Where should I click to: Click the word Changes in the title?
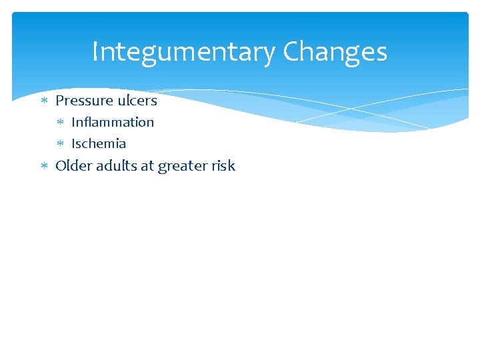(335, 52)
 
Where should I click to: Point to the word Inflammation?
(113, 122)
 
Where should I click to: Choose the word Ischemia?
(99, 143)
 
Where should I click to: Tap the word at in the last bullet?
(146, 166)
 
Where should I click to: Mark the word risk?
(223, 165)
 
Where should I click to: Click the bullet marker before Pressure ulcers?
(45, 101)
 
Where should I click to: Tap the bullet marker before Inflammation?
(61, 123)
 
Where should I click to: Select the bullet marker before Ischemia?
(61, 144)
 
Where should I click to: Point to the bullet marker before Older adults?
(45, 166)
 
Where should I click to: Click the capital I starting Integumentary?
(95, 52)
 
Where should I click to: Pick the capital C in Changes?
(291, 52)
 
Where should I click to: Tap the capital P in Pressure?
(60, 101)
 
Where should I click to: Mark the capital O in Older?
(61, 165)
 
